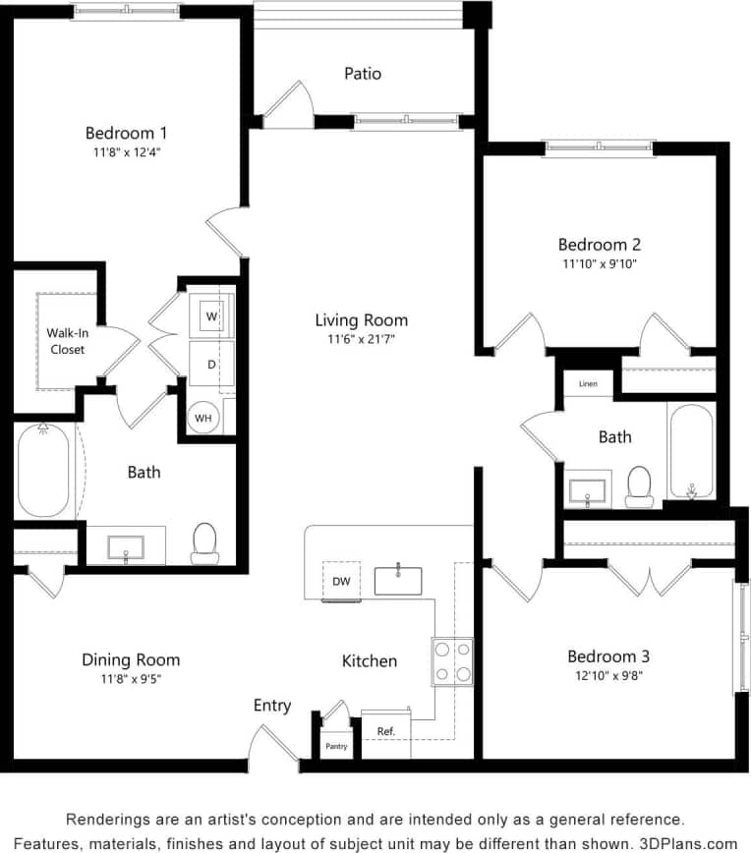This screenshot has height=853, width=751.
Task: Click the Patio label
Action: point(363,74)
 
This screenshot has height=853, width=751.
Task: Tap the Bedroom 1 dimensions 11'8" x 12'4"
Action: point(126,152)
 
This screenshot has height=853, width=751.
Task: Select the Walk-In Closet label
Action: point(66,340)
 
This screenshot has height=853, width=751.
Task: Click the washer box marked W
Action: point(211,316)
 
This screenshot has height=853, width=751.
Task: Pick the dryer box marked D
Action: point(210,364)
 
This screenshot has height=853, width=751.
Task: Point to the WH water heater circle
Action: point(203,418)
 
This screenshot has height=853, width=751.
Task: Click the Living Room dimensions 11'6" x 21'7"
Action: point(361,339)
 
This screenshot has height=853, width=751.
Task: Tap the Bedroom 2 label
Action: point(600,245)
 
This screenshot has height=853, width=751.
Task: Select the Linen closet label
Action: point(588,383)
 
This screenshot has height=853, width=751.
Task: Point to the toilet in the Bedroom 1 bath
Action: point(204,542)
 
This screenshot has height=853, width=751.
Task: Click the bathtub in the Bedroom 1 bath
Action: point(43,470)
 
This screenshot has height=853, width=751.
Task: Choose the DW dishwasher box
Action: point(341,581)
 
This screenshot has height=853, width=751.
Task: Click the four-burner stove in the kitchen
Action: point(452,661)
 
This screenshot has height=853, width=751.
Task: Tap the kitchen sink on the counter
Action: point(398,581)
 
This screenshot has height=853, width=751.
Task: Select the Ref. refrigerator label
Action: point(386,731)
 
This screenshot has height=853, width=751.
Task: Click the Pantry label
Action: point(335,747)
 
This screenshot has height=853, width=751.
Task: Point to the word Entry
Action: point(272,706)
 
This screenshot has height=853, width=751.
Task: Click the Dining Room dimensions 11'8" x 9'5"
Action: point(131,678)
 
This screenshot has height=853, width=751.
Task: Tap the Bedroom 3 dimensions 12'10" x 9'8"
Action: point(608,675)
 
